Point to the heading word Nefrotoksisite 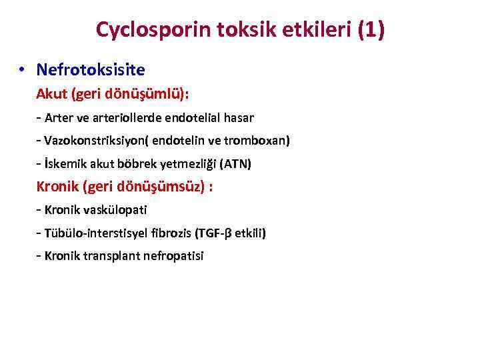coord(91,69)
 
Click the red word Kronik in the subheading coord(57,187)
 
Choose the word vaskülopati coord(113,210)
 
